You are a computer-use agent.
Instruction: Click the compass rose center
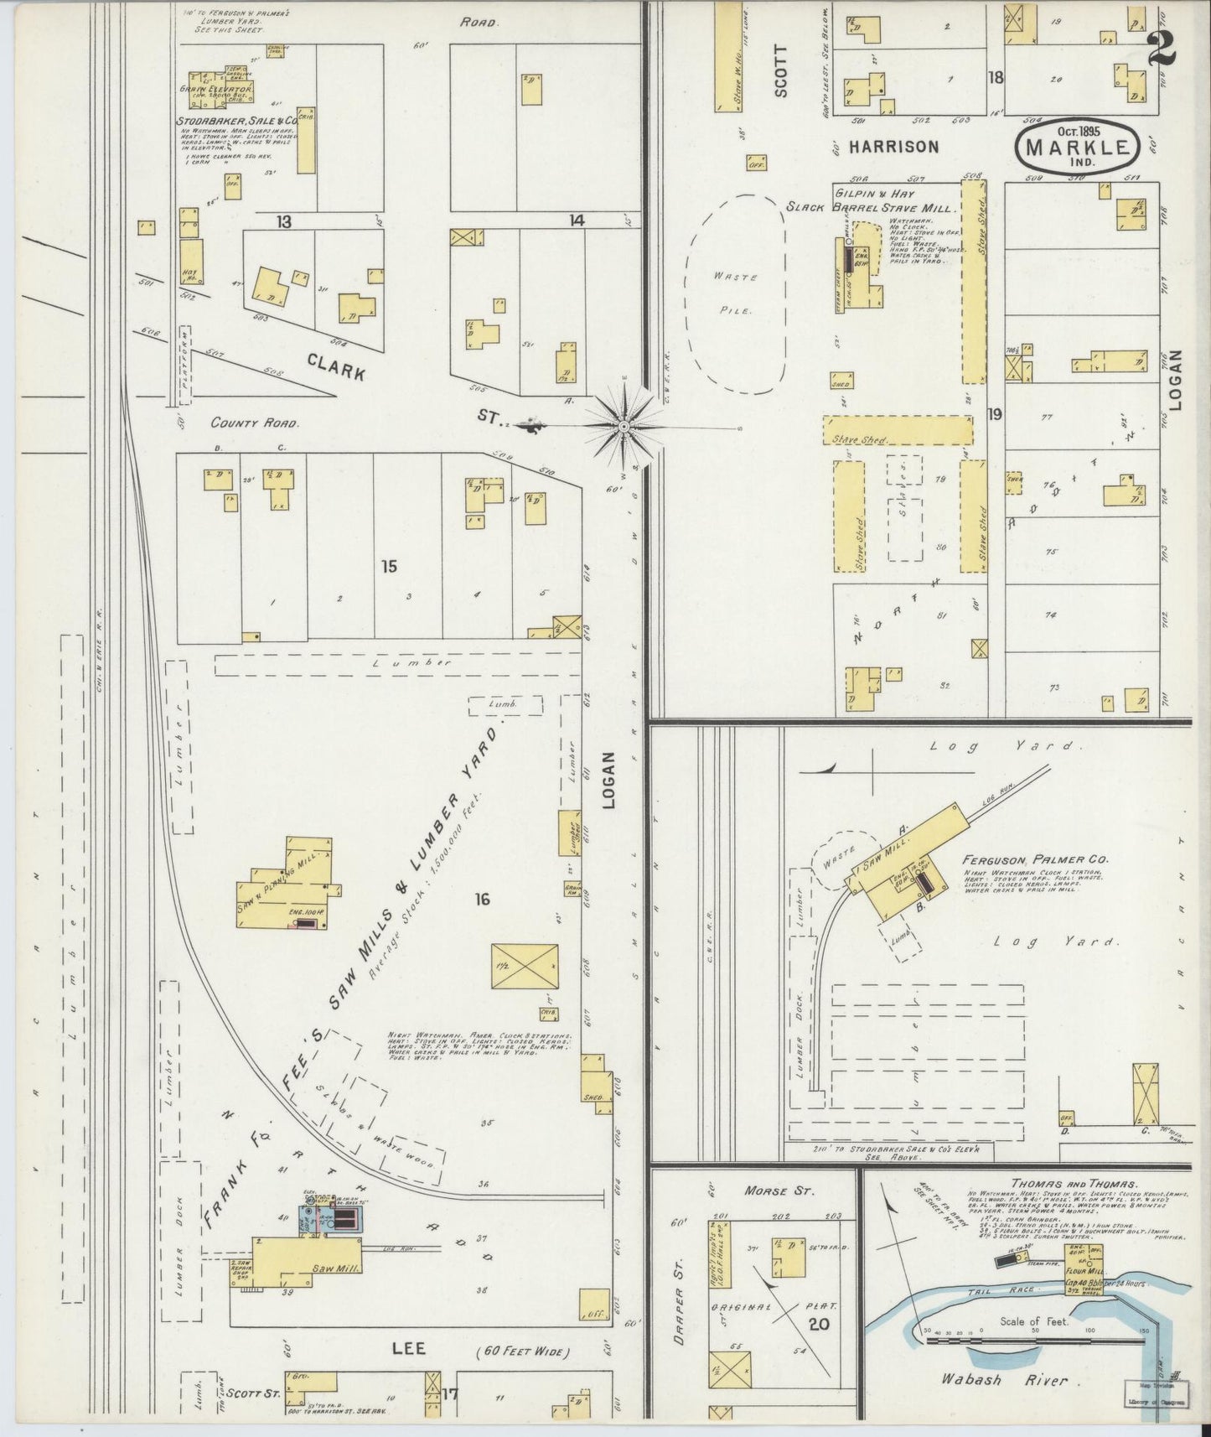point(624,427)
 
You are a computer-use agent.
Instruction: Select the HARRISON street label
point(893,147)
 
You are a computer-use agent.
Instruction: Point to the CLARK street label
point(335,366)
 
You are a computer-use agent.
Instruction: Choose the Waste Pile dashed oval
point(735,293)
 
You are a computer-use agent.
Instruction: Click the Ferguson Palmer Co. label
point(1035,859)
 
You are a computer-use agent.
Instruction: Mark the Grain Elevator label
point(215,87)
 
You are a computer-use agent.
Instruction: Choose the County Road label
point(242,423)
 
